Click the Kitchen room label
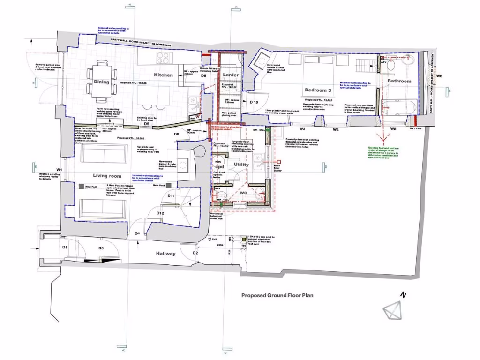coord(164,75)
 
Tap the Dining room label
coord(101,82)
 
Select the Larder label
coord(231,75)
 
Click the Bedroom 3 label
coord(318,90)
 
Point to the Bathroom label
coord(399,81)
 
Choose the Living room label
coord(107,176)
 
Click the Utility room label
coord(241,165)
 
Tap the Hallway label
coord(166,254)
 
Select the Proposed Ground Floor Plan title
coord(277,295)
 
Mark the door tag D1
coord(65,247)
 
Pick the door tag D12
coord(160,213)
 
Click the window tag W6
coord(439,76)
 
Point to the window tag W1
coord(59,169)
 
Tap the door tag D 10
coord(254,102)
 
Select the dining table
coord(101,82)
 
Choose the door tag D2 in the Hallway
coord(195,253)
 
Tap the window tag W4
coord(336,129)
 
